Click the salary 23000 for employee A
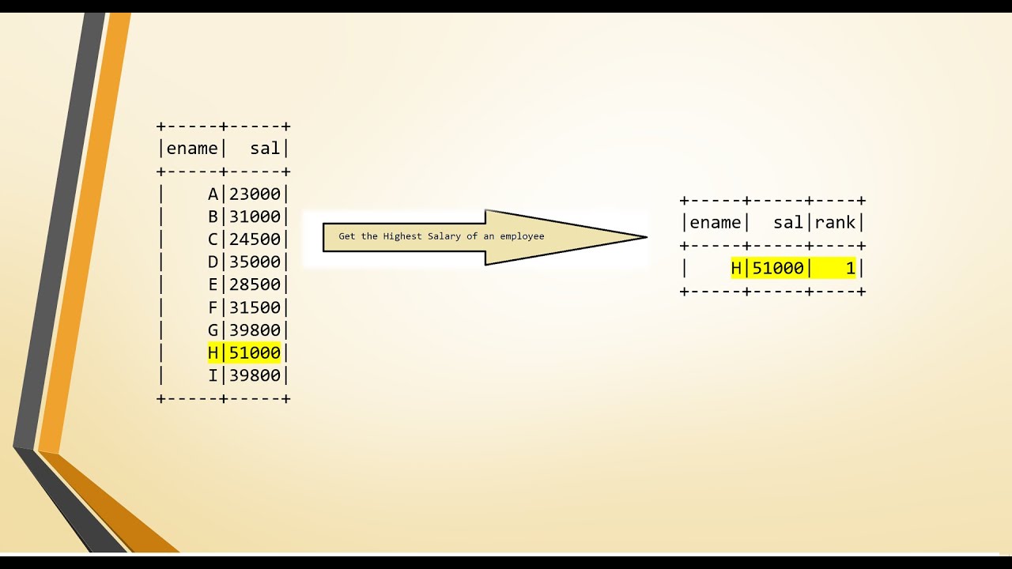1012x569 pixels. click(x=255, y=194)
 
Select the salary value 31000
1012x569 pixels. click(x=255, y=217)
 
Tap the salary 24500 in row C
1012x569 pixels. click(x=255, y=239)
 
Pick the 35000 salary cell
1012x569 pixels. click(x=255, y=262)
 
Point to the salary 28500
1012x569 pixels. click(x=255, y=284)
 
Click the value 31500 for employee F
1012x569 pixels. click(x=255, y=307)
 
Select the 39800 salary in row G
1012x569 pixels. click(x=255, y=330)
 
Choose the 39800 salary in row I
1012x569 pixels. click(x=255, y=375)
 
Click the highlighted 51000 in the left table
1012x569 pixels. click(x=255, y=352)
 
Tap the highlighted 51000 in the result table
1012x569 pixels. click(x=778, y=269)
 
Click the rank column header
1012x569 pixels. click(x=835, y=223)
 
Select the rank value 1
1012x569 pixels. click(x=851, y=269)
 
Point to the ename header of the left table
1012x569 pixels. click(x=192, y=149)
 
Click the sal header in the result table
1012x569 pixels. click(x=788, y=223)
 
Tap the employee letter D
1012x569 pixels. click(x=213, y=262)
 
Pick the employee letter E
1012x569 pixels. click(x=213, y=284)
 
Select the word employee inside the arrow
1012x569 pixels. click(x=522, y=236)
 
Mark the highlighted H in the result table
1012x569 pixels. click(x=736, y=269)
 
